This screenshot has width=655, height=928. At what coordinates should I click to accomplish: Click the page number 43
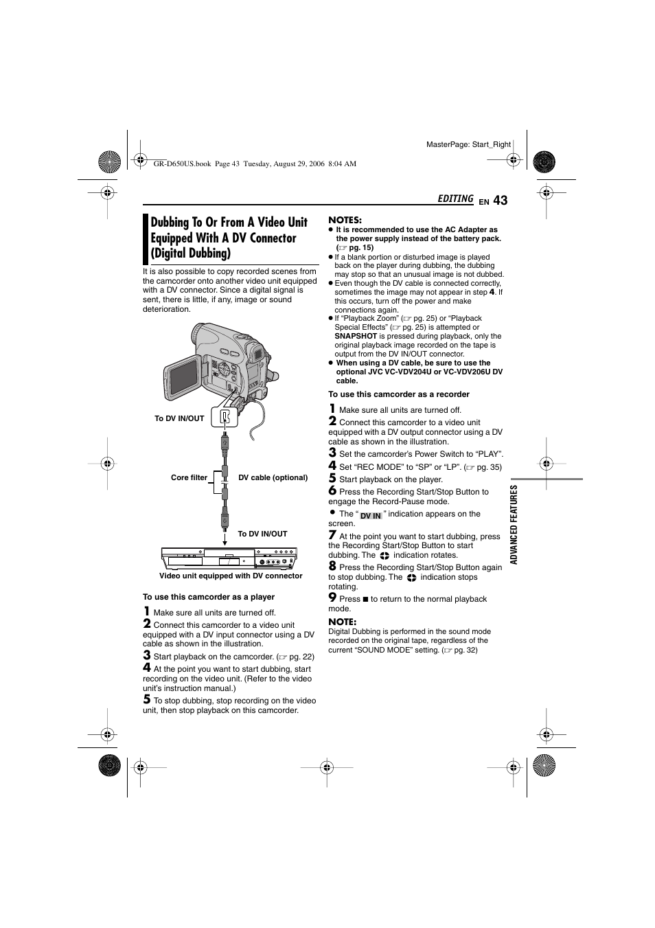(500, 200)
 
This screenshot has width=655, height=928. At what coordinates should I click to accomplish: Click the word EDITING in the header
(455, 199)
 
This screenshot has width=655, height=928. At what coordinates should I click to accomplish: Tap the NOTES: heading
(345, 220)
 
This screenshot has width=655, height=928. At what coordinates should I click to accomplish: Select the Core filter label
(189, 477)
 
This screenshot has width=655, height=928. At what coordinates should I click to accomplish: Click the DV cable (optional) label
(273, 477)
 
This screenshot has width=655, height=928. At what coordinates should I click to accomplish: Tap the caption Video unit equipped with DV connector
(231, 576)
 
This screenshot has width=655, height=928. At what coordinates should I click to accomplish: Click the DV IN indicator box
(371, 515)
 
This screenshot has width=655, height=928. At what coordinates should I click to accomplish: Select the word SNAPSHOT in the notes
(356, 336)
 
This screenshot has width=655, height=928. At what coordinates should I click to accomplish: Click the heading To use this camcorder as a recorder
(398, 394)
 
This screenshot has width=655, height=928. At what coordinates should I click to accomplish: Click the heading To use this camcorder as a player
(209, 597)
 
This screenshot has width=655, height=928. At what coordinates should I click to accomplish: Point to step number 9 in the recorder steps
(332, 598)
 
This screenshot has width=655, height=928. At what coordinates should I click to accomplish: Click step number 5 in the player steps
(146, 699)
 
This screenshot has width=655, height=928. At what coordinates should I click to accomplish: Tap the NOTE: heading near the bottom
(342, 622)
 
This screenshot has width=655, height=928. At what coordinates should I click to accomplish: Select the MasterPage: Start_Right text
(468, 144)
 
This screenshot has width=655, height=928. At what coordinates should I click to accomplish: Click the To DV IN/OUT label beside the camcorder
(179, 418)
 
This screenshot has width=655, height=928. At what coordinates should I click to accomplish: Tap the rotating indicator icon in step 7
(384, 555)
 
